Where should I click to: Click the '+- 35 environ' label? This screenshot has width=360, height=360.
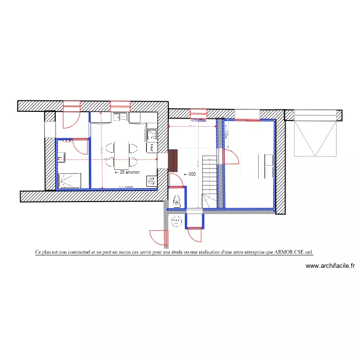coord(127,171)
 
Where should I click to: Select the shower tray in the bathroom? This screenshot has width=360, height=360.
coord(70,180)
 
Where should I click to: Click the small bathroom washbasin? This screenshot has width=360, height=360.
coord(61,156)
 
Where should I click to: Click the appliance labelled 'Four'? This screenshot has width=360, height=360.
coord(152,147)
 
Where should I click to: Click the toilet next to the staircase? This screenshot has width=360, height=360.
coord(176,201)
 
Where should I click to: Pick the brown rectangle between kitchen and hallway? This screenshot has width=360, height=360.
coord(173,160)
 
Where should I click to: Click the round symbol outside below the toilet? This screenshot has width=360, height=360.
coord(177,221)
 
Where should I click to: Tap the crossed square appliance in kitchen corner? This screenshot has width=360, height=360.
coord(151,181)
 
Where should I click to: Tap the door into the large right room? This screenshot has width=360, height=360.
coord(231,156)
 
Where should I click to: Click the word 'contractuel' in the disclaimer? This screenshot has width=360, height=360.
coord(75,252)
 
